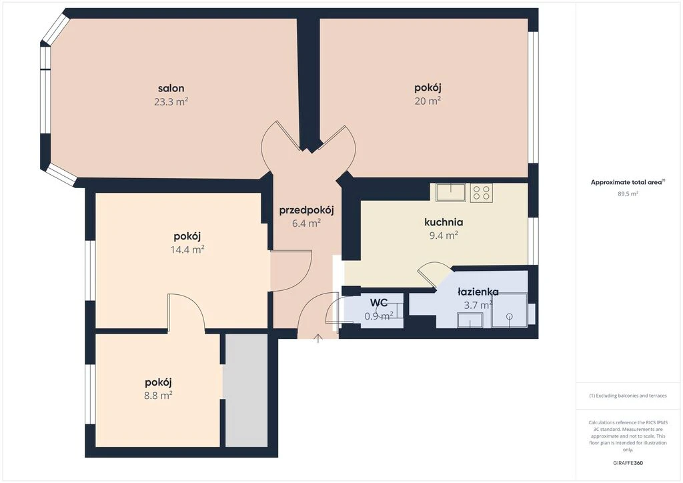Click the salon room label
[171, 89]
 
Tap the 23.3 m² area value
[171, 102]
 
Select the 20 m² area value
[428, 101]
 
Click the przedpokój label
[306, 211]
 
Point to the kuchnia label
[444, 222]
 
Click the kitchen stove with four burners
[482, 193]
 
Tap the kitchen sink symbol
[451, 192]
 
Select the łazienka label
[478, 292]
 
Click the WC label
[379, 302]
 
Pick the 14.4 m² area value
[187, 250]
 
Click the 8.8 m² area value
[158, 396]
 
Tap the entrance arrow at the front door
[318, 338]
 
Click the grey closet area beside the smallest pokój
[246, 390]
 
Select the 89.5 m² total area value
[628, 194]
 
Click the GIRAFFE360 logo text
[628, 463]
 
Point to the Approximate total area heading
[628, 183]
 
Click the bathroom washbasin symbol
[470, 320]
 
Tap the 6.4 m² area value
[306, 224]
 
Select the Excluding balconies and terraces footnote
[628, 396]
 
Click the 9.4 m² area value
[444, 235]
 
